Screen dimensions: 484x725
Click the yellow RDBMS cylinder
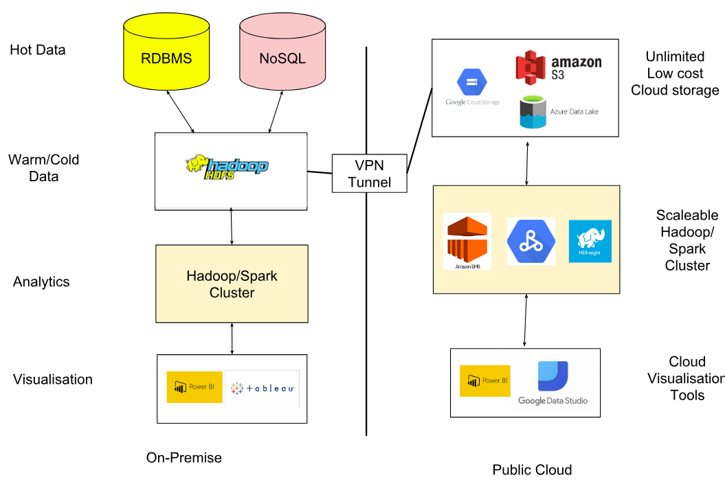(166, 58)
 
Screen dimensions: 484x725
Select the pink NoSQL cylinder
(282, 58)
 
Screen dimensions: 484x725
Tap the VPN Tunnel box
(369, 173)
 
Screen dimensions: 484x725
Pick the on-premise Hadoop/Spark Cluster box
(232, 284)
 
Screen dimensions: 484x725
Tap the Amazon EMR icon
(467, 241)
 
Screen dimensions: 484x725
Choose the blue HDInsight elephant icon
(590, 241)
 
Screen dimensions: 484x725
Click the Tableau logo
(263, 389)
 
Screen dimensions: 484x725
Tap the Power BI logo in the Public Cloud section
(485, 381)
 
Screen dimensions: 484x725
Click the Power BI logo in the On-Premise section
(194, 387)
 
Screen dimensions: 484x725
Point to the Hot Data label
(38, 50)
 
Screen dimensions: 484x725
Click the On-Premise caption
(184, 457)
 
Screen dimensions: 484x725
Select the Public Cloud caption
(532, 470)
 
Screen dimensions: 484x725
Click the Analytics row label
(41, 282)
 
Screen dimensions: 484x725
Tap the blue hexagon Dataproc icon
(531, 241)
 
